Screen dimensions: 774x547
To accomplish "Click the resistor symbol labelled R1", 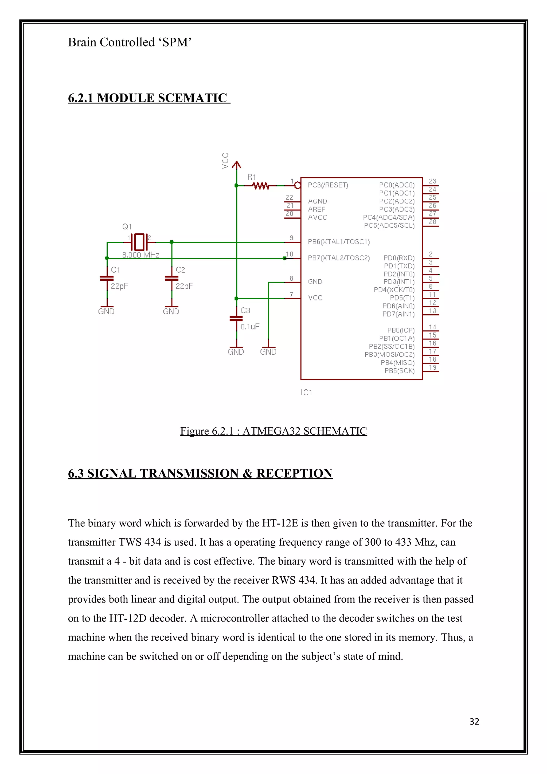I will tap(260, 185).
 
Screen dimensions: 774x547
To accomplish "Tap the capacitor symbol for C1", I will tap(107, 279).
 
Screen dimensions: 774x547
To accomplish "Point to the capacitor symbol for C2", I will tap(171, 279).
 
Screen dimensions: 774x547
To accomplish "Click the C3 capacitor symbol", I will tap(236, 319).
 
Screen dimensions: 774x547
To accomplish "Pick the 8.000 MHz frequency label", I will tap(140, 255).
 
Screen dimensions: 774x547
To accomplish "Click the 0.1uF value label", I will tap(250, 326).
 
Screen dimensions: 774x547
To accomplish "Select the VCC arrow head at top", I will tap(236, 165).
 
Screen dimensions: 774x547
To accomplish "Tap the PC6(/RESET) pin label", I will tap(328, 185).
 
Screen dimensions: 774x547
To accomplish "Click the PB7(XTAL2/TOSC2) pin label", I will tap(339, 258).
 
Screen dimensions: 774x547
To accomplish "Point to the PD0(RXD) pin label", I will tap(399, 258).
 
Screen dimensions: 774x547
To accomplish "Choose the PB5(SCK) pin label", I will tap(399, 371).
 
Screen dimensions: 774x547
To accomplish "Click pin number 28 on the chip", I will tap(432, 222).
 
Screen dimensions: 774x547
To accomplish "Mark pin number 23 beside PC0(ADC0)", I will tap(432, 181).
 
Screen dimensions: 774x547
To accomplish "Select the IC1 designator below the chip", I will tap(306, 392).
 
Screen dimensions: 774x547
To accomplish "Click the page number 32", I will tap(474, 721).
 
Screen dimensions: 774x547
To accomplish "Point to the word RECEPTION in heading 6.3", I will tap(294, 473).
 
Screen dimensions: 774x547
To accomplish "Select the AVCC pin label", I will tap(318, 217).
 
